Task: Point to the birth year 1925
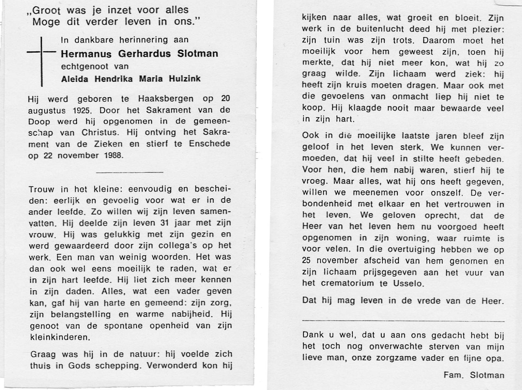tap(81, 110)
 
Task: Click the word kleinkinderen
tap(60, 337)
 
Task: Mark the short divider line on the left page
tap(130, 172)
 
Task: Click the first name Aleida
tap(75, 79)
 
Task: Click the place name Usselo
tap(408, 283)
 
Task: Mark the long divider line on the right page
tap(403, 321)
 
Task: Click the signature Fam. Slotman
tap(474, 375)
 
